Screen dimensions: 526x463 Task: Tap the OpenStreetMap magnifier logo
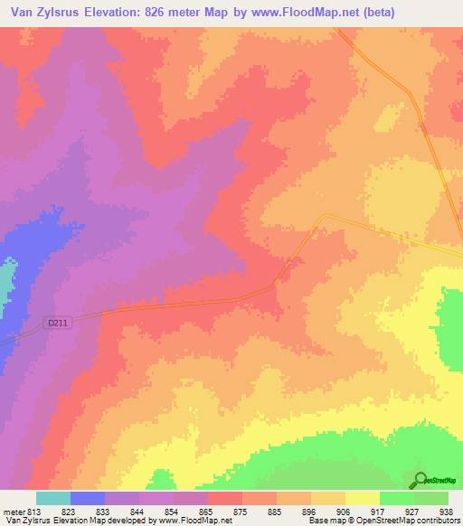click(420, 480)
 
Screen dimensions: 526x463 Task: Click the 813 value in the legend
click(33, 512)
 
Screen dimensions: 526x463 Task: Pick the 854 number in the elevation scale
click(170, 512)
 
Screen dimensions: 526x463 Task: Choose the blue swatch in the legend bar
click(88, 498)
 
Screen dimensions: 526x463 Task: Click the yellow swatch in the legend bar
click(363, 498)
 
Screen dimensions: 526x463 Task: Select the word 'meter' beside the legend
click(13, 512)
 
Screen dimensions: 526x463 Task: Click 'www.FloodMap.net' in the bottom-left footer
click(192, 521)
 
